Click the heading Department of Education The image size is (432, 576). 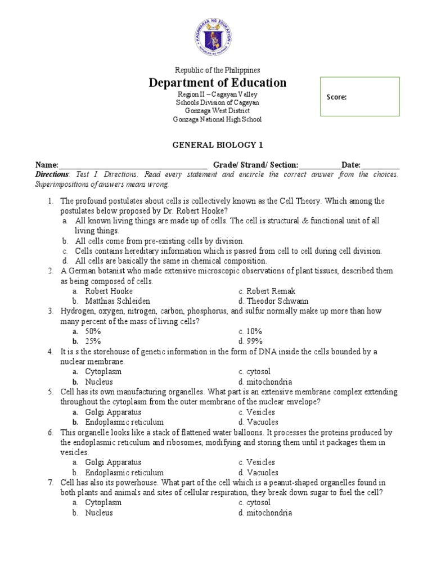[217, 83]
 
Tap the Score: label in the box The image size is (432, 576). [336, 97]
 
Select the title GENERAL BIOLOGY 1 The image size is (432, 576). [217, 145]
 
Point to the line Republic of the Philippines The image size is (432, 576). [217, 70]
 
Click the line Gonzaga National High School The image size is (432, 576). [217, 119]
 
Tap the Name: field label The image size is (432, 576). [47, 165]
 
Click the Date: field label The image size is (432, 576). [351, 165]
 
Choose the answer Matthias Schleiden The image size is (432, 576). [118, 301]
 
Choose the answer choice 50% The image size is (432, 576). [93, 331]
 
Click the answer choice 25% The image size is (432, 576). [93, 341]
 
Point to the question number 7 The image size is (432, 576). [50, 483]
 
